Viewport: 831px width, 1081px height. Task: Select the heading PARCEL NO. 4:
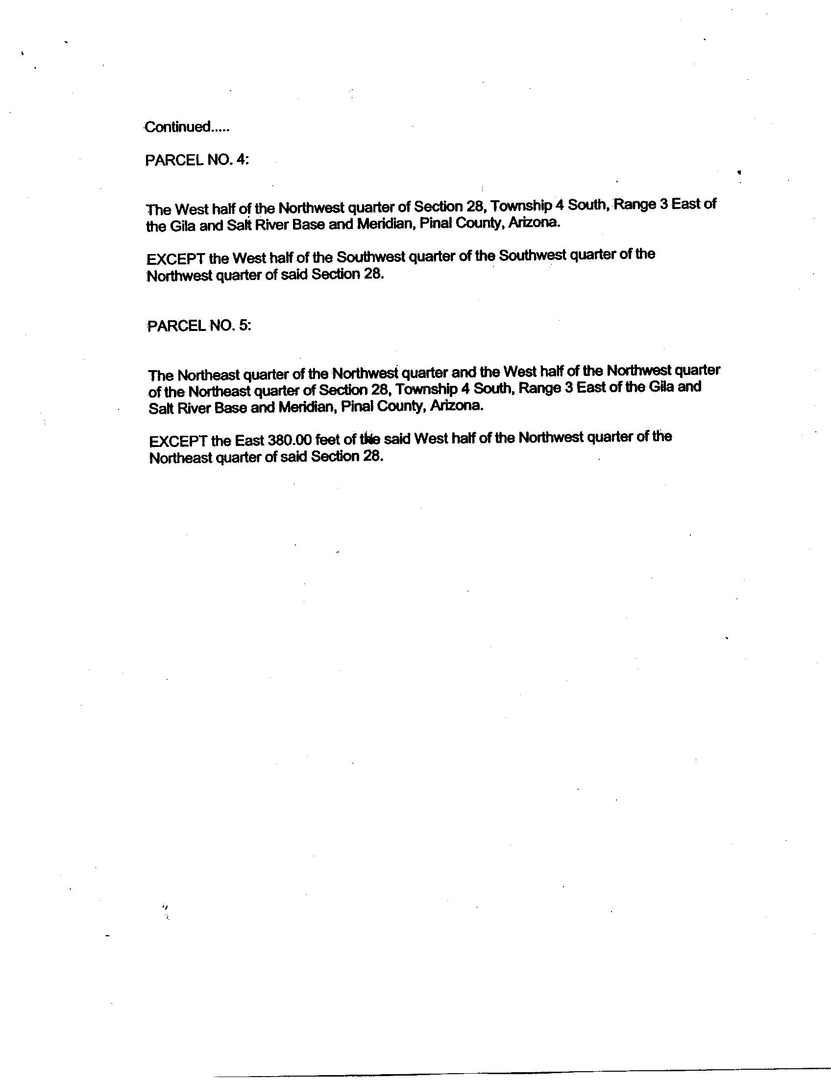197,160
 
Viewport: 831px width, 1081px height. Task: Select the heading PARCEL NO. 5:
199,326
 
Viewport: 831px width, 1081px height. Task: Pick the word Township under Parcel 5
426,390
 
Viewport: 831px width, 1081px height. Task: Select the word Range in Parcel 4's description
635,204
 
